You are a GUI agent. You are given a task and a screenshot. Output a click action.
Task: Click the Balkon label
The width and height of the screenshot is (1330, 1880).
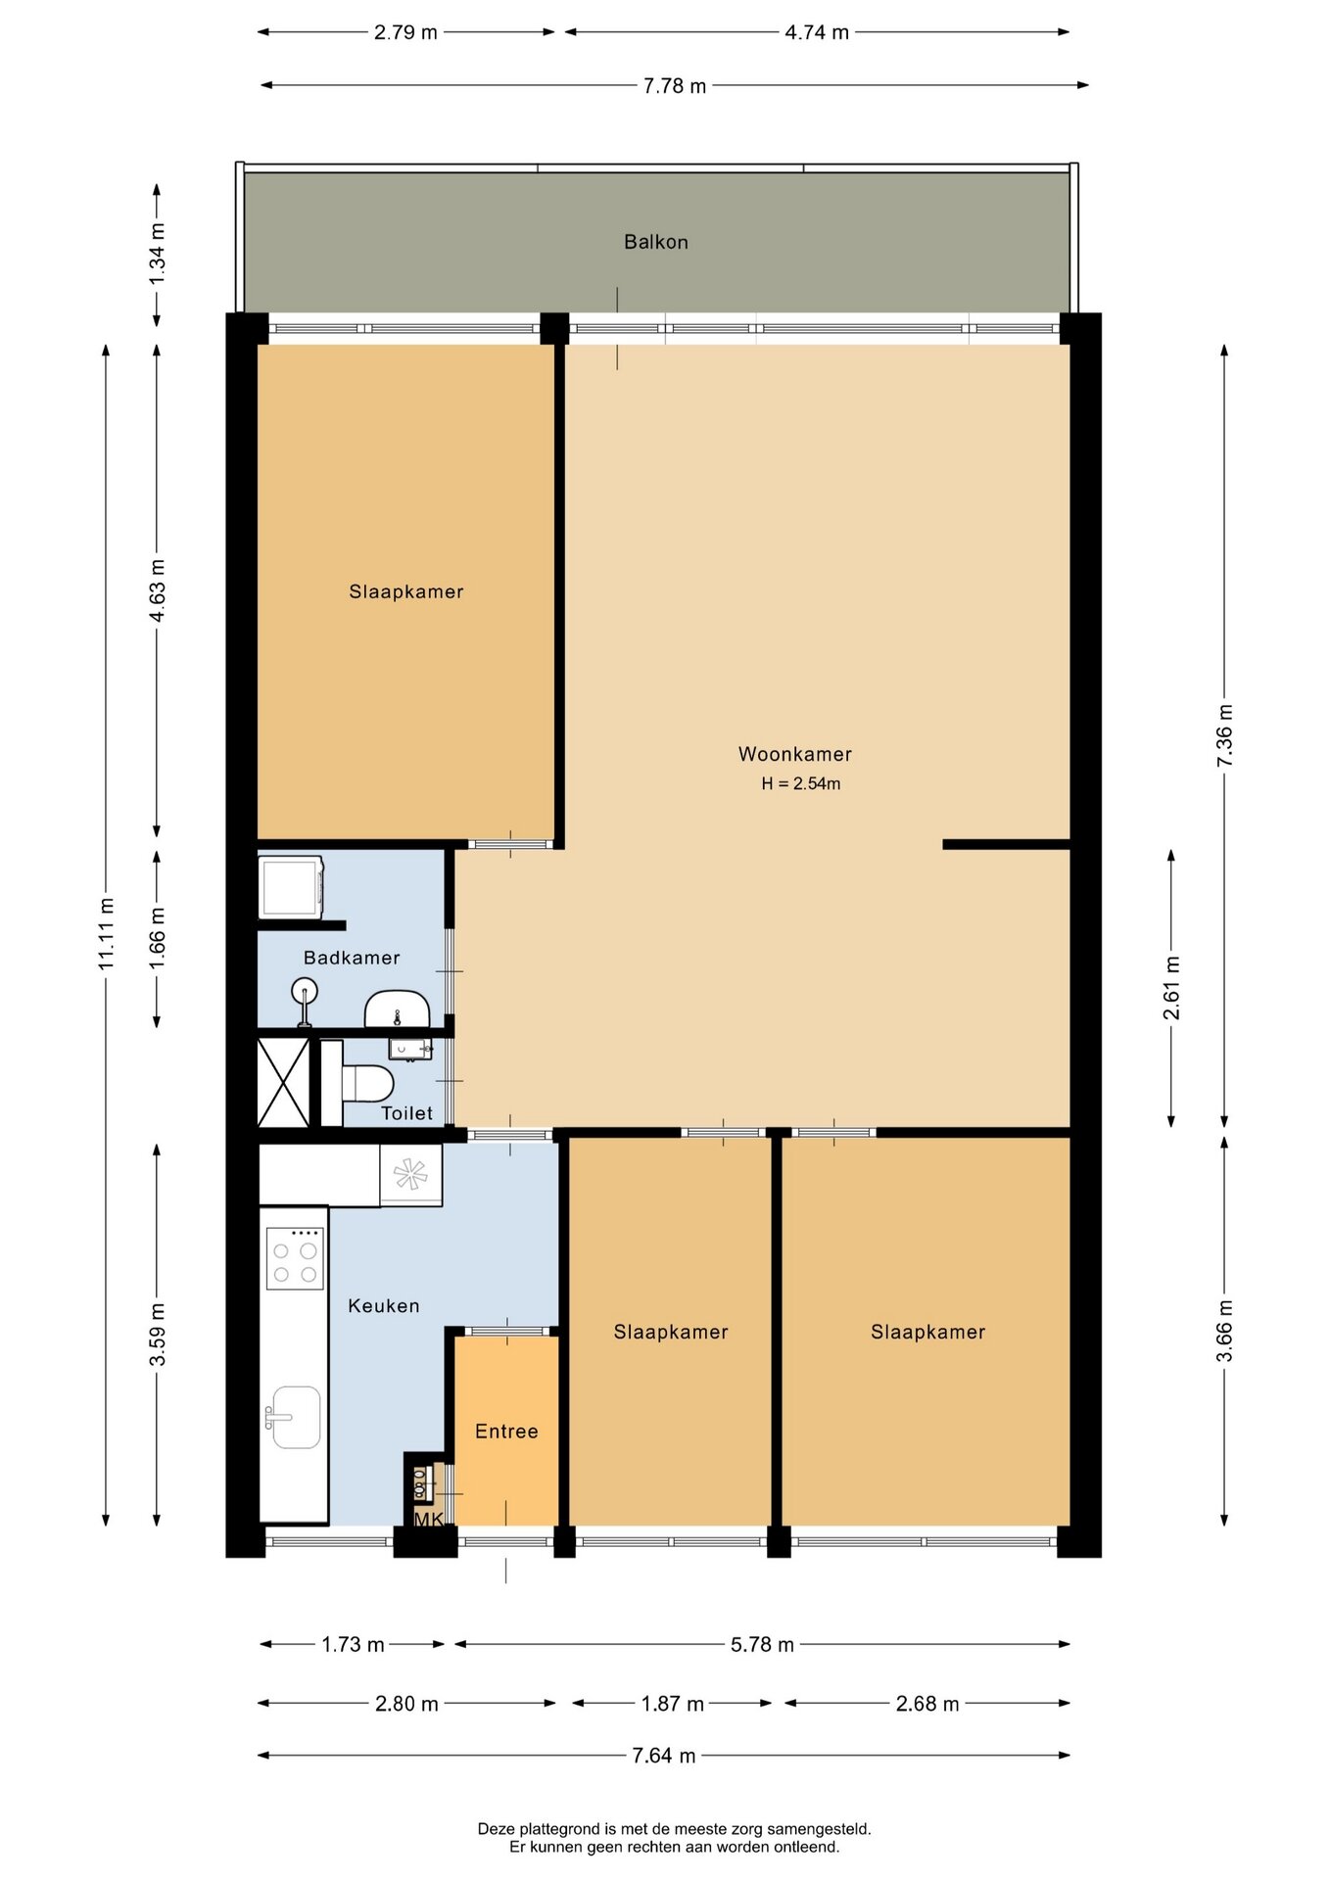click(x=656, y=242)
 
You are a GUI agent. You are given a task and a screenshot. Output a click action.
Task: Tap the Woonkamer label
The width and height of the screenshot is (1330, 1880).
click(x=795, y=754)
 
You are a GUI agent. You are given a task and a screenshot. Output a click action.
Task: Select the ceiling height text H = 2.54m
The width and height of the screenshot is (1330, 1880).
click(x=801, y=783)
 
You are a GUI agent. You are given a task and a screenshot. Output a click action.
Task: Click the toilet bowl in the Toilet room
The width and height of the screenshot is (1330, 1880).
click(x=368, y=1084)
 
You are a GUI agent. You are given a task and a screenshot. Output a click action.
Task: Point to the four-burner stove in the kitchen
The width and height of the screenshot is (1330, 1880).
click(x=296, y=1258)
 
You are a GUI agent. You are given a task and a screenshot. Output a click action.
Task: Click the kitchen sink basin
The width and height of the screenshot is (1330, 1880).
click(x=296, y=1417)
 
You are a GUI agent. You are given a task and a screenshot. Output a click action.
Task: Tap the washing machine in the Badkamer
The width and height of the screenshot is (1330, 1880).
click(x=291, y=887)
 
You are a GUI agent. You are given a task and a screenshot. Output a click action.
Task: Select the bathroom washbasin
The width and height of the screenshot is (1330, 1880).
click(x=397, y=1009)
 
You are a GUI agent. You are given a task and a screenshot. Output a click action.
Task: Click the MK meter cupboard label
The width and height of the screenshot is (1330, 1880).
click(x=429, y=1520)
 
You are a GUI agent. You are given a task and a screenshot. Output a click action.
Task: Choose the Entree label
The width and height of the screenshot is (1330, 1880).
click(x=506, y=1432)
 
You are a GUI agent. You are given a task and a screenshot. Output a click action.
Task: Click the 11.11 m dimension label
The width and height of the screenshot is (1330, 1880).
click(x=107, y=934)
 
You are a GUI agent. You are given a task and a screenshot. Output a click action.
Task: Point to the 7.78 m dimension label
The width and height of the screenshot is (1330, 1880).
click(x=675, y=86)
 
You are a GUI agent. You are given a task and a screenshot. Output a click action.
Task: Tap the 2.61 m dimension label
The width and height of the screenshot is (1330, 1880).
click(x=1171, y=988)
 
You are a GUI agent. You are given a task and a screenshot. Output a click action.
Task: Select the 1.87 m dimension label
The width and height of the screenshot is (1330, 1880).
click(x=673, y=1704)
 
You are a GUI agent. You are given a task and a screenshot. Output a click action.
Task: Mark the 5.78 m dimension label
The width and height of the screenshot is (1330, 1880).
click(x=762, y=1645)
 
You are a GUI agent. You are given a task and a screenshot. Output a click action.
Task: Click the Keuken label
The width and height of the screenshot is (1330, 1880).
click(x=384, y=1306)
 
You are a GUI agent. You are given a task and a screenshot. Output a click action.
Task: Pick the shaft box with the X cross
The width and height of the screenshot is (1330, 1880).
click(x=283, y=1082)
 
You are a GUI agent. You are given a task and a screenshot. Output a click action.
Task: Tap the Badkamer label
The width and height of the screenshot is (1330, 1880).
click(x=352, y=958)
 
